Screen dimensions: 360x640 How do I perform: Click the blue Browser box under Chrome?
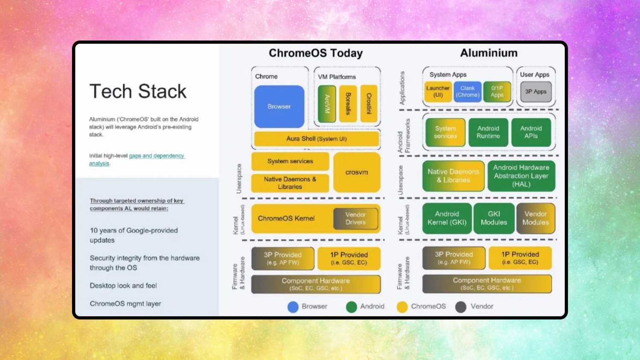pyautogui.click(x=279, y=107)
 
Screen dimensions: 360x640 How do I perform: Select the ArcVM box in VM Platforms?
pyautogui.click(x=327, y=104)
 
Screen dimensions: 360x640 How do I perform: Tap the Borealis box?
pyautogui.click(x=348, y=104)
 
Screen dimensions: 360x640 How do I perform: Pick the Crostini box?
pyautogui.click(x=369, y=104)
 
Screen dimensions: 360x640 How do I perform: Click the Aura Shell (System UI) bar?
pyautogui.click(x=316, y=139)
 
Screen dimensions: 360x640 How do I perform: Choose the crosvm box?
pyautogui.click(x=357, y=172)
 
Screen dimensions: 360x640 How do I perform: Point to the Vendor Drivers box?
pyautogui.click(x=355, y=218)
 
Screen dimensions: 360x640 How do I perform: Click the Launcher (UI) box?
pyautogui.click(x=438, y=92)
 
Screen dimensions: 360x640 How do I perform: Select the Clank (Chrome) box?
pyautogui.click(x=467, y=92)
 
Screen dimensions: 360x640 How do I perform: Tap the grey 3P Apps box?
pyautogui.click(x=535, y=92)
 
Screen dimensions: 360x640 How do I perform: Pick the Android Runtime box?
pyautogui.click(x=488, y=132)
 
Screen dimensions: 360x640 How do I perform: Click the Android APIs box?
pyautogui.click(x=531, y=132)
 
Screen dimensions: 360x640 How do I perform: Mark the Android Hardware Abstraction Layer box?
pyautogui.click(x=521, y=176)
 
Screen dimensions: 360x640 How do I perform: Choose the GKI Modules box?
pyautogui.click(x=494, y=218)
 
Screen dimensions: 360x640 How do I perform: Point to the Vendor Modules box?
pyautogui.click(x=535, y=218)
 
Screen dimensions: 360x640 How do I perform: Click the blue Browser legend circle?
pyautogui.click(x=293, y=307)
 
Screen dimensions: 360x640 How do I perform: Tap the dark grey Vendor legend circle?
pyautogui.click(x=461, y=307)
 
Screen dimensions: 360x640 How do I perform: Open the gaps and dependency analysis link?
pyautogui.click(x=156, y=156)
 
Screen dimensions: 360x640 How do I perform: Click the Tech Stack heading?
pyautogui.click(x=138, y=91)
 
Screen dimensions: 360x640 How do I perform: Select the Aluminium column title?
pyautogui.click(x=489, y=53)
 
